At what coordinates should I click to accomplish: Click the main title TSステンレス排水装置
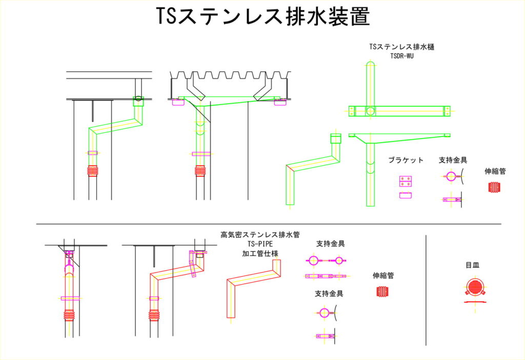262,17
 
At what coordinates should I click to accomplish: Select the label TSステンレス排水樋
399,47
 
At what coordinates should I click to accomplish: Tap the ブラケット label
406,160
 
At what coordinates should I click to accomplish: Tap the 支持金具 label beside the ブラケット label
453,160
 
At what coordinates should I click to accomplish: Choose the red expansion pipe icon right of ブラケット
495,187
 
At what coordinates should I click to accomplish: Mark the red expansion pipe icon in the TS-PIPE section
382,292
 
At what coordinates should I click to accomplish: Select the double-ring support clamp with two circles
326,261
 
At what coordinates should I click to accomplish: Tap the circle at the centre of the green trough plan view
370,111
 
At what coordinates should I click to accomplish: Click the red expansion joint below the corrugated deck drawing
199,171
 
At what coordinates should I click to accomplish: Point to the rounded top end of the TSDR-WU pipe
370,64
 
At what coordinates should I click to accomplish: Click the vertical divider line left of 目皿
427,290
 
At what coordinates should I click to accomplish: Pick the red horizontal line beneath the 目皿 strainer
475,302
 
